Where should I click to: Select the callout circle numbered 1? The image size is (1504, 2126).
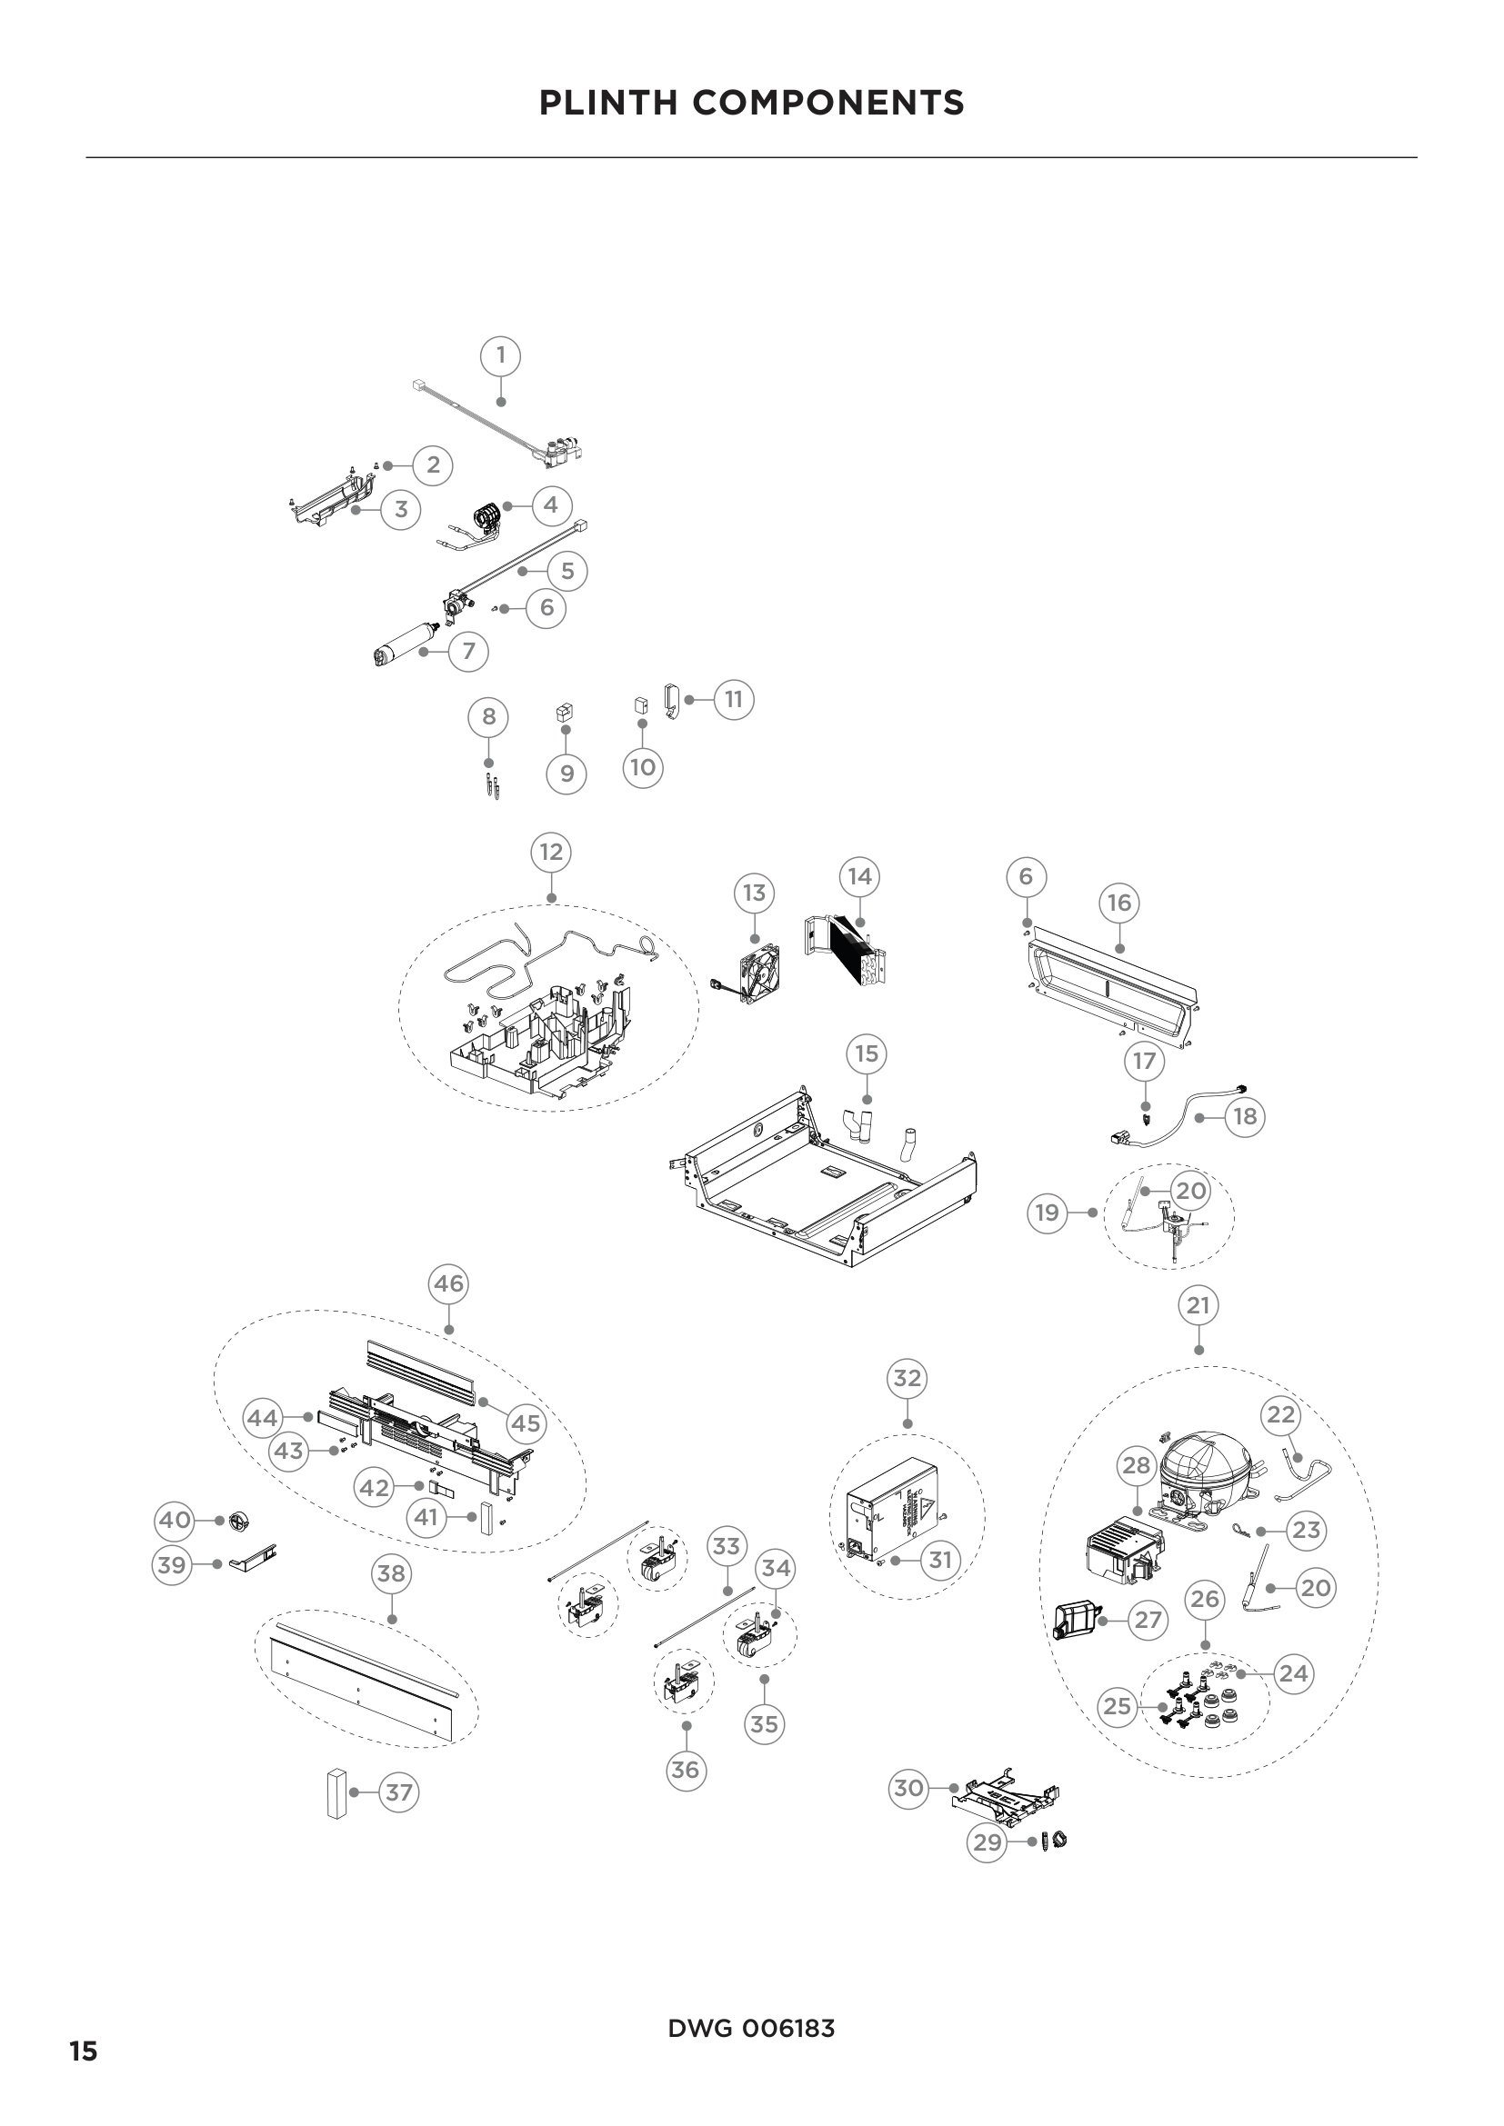[x=501, y=355]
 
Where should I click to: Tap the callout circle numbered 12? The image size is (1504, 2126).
[x=551, y=852]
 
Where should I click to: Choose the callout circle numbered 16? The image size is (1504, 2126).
[x=1118, y=903]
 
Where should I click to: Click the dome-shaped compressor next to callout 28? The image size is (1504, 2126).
[x=1200, y=1474]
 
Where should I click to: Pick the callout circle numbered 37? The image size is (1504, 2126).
[x=398, y=1792]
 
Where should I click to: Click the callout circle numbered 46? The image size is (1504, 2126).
[x=448, y=1284]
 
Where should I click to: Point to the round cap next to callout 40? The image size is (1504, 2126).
[x=239, y=1521]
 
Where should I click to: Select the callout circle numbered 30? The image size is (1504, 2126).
[x=908, y=1788]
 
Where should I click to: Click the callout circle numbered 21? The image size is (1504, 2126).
[x=1198, y=1306]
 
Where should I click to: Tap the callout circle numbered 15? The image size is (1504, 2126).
[x=866, y=1053]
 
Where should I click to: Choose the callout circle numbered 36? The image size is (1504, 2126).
[x=685, y=1770]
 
